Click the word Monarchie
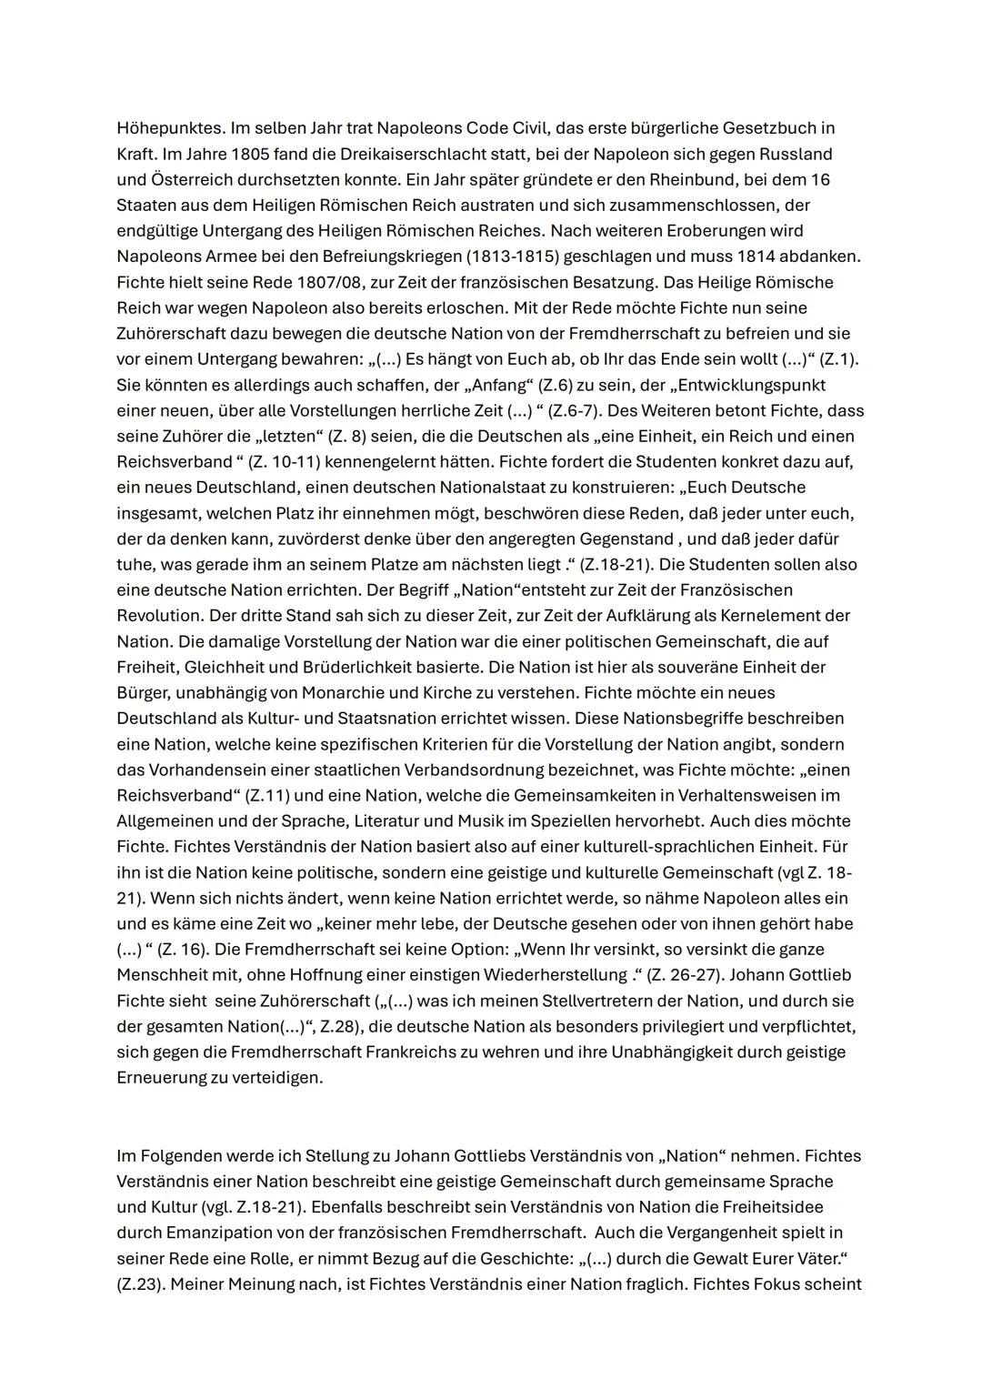(x=381, y=692)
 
